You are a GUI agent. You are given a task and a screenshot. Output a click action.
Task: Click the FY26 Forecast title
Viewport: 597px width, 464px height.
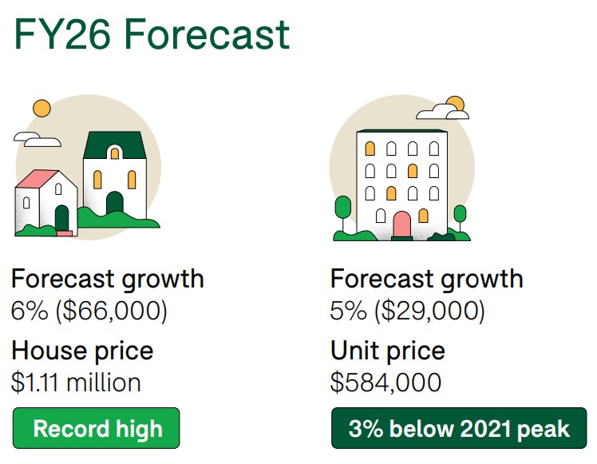click(152, 34)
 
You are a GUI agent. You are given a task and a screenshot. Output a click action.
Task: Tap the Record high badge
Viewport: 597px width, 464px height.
click(97, 428)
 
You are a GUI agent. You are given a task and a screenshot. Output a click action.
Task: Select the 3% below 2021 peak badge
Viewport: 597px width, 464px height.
click(459, 428)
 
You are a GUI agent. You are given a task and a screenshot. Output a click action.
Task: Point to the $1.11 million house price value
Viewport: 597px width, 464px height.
click(76, 382)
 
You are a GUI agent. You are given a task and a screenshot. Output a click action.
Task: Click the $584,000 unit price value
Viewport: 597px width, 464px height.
click(385, 382)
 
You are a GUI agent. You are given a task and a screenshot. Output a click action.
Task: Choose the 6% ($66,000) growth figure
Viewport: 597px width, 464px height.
click(89, 311)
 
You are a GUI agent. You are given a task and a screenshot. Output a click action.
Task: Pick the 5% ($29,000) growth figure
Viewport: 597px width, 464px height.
click(407, 311)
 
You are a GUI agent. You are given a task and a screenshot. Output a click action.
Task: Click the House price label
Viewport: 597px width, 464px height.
click(82, 351)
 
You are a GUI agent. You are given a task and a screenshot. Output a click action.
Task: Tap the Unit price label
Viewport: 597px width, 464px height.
click(388, 351)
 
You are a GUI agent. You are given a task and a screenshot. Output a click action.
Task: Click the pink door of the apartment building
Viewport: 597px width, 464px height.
click(401, 224)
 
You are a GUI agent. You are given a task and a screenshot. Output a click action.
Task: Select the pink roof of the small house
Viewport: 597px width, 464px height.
click(38, 178)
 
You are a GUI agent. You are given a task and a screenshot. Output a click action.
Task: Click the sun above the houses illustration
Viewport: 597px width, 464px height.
click(42, 109)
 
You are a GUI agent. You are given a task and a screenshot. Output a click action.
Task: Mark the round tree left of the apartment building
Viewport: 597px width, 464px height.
click(342, 208)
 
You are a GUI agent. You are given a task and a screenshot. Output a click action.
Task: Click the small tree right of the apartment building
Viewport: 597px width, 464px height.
click(460, 214)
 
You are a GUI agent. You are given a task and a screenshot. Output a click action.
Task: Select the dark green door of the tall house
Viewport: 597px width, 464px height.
click(115, 203)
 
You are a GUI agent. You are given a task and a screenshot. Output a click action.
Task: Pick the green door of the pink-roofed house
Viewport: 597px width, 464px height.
click(61, 218)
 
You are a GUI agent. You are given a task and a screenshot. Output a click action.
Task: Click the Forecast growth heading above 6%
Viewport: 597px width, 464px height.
click(108, 280)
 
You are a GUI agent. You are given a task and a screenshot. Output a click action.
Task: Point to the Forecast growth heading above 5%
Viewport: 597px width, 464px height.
click(427, 280)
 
